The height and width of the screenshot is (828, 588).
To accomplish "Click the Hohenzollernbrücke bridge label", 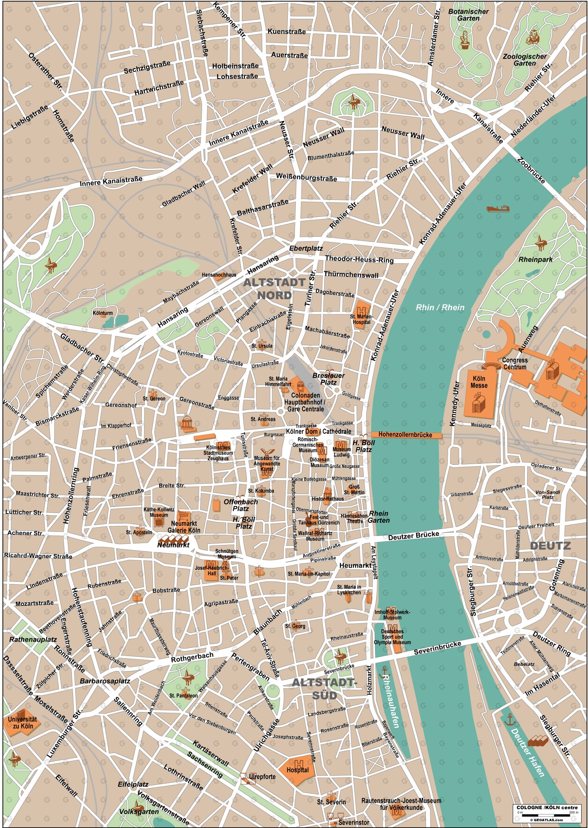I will pos(405,434).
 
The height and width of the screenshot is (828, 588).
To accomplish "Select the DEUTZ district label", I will pos(550,545).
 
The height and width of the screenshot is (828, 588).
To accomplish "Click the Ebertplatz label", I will pos(306,249).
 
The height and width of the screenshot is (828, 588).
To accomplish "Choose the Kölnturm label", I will pos(102,313).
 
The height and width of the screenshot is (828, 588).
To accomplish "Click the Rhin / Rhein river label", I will pos(440,307).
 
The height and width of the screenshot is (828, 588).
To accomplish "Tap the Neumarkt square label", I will pos(173,545).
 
